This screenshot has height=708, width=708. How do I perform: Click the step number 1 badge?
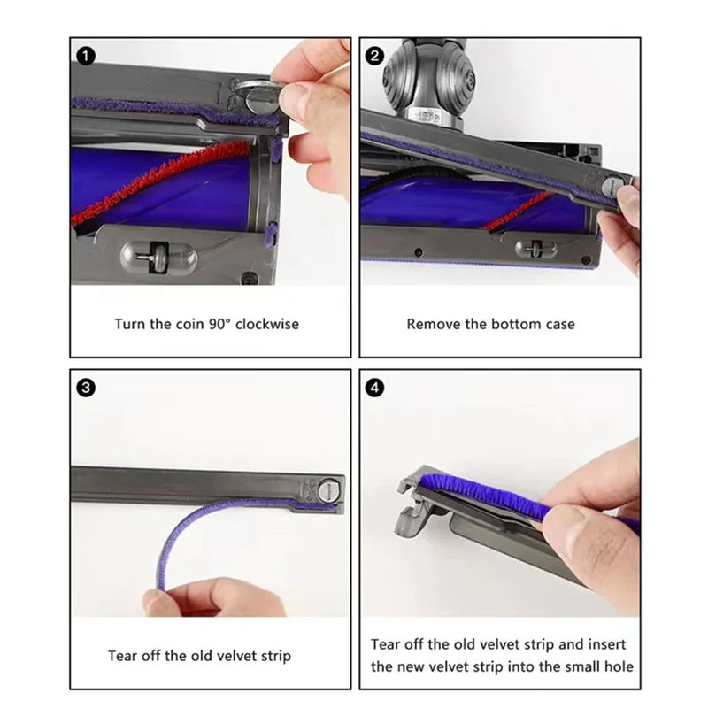click(x=86, y=56)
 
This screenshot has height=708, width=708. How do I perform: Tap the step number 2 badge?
click(x=374, y=56)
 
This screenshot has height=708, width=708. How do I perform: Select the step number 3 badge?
click(x=86, y=388)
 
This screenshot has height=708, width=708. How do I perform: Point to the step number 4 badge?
click(x=374, y=388)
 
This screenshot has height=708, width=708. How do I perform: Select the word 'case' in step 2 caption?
click(x=560, y=324)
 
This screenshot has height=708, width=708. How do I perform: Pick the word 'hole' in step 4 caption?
click(x=619, y=666)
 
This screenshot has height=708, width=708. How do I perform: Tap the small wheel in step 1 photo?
click(x=159, y=258)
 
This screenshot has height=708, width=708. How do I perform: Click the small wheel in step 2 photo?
click(x=537, y=249)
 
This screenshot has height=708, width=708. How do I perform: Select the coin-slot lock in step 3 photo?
click(x=327, y=490)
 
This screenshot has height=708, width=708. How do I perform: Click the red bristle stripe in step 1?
click(x=158, y=181)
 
